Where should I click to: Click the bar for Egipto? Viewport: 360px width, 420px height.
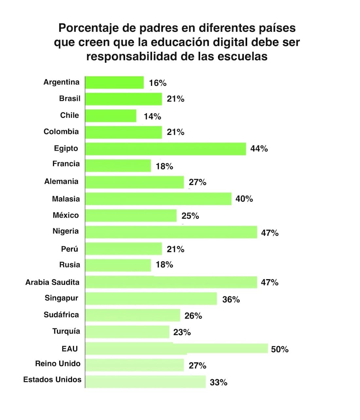165,149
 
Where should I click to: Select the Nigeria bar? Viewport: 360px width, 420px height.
171,232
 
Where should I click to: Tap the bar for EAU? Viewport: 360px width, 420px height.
176,348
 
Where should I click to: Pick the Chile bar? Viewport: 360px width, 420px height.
111,116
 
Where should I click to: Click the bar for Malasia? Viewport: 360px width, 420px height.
158,199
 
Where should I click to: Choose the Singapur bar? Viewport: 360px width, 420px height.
151,299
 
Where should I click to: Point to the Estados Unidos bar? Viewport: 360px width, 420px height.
145,382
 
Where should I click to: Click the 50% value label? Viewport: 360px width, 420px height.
280,349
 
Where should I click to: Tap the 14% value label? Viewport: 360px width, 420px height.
153,116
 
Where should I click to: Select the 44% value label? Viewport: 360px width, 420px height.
259,149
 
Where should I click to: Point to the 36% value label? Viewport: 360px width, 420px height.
231,300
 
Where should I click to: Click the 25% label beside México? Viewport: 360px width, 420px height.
190,216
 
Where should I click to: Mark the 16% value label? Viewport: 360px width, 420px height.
158,83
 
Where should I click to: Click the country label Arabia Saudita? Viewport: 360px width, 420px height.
52,282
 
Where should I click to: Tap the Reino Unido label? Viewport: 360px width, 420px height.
58,363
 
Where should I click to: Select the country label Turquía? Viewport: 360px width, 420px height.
66,331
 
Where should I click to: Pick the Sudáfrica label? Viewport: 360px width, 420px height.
61,315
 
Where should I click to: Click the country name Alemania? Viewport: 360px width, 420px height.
62,181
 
